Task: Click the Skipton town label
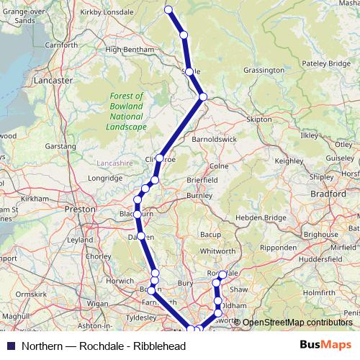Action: click(x=259, y=119)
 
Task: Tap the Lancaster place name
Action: click(x=53, y=81)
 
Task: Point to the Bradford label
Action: click(x=329, y=194)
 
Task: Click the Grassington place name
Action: click(x=264, y=71)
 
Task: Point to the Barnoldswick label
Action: click(x=215, y=139)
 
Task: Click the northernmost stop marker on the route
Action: click(x=168, y=9)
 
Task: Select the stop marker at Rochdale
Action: click(x=222, y=274)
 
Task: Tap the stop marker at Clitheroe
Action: click(x=160, y=158)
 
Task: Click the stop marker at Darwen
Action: click(x=141, y=236)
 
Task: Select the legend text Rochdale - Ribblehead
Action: click(x=104, y=346)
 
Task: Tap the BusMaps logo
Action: click(x=324, y=346)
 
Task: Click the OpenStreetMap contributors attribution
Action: click(x=297, y=323)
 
